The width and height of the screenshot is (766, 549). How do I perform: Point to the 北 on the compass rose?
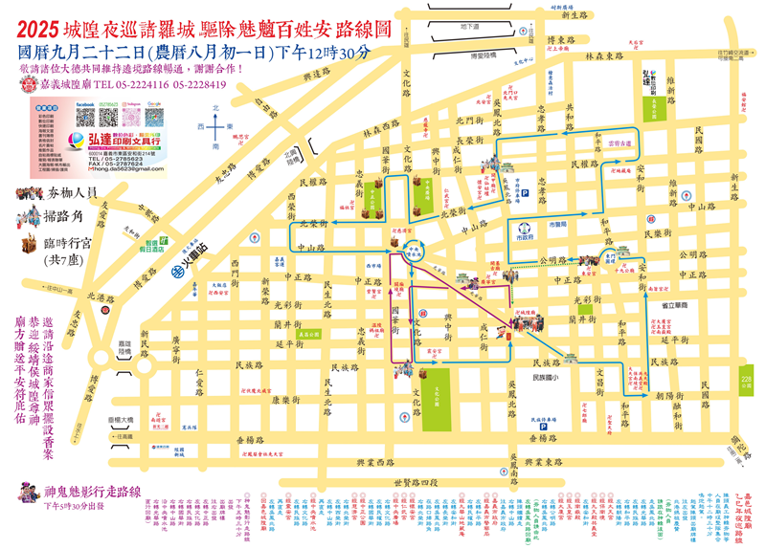(217, 108)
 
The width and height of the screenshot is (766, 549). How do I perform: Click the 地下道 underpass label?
(468, 26)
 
